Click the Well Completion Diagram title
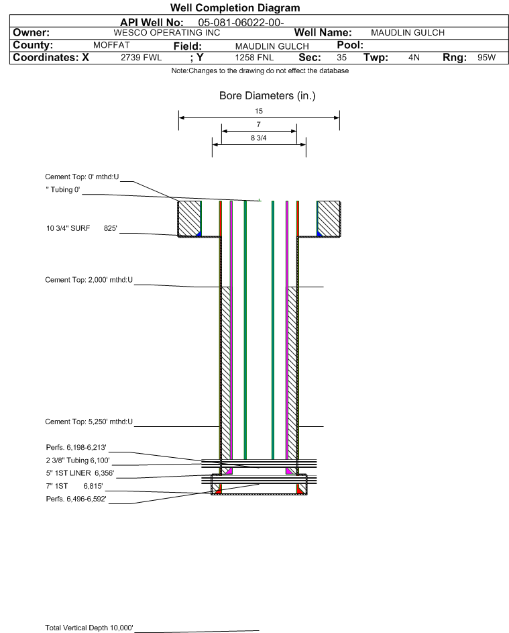tap(235, 7)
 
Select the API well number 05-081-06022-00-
tap(241, 23)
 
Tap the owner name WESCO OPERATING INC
tap(167, 33)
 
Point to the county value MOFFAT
tap(111, 45)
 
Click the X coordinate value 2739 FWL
tap(141, 57)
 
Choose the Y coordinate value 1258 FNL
tap(255, 57)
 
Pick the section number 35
tap(341, 57)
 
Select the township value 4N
tap(414, 57)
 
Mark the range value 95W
tap(486, 57)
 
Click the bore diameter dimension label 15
tap(259, 111)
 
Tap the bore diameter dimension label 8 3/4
tap(259, 138)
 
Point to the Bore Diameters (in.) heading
tap(268, 96)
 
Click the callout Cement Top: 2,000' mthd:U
tap(89, 280)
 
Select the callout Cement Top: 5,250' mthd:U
tap(89, 422)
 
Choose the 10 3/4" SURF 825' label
tap(82, 228)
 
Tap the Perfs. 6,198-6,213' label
tap(76, 447)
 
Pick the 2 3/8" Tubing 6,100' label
tap(78, 460)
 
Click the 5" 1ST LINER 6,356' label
tap(80, 473)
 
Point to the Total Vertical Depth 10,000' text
tap(89, 628)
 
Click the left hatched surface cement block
tap(190, 218)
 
